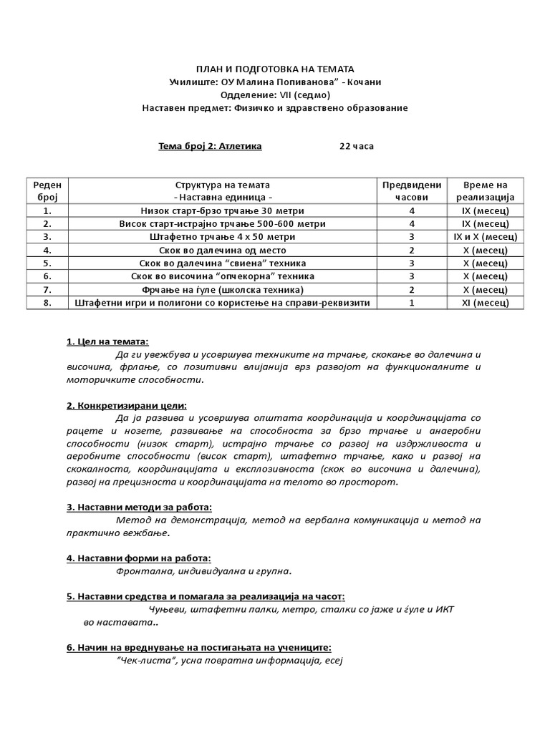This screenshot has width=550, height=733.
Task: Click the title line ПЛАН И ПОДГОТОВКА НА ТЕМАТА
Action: [x=276, y=69]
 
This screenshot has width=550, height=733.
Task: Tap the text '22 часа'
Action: [x=356, y=146]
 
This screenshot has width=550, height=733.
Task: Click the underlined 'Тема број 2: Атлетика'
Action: [x=210, y=146]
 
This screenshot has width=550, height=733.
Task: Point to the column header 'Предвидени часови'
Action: [x=412, y=190]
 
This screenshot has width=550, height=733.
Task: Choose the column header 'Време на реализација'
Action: [x=484, y=190]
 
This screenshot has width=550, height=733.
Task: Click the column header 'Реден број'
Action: [x=47, y=190]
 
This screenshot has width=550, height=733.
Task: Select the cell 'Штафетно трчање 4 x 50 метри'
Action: [x=223, y=236]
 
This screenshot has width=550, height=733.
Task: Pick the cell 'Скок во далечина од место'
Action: [x=223, y=250]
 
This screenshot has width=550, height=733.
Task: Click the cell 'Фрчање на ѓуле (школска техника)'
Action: [x=223, y=289]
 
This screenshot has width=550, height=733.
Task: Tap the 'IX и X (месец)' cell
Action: [x=484, y=236]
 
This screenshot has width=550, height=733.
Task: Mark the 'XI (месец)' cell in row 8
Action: [x=484, y=302]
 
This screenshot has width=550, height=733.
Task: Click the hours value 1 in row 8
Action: [x=412, y=302]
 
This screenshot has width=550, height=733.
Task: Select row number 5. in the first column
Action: [x=47, y=263]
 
